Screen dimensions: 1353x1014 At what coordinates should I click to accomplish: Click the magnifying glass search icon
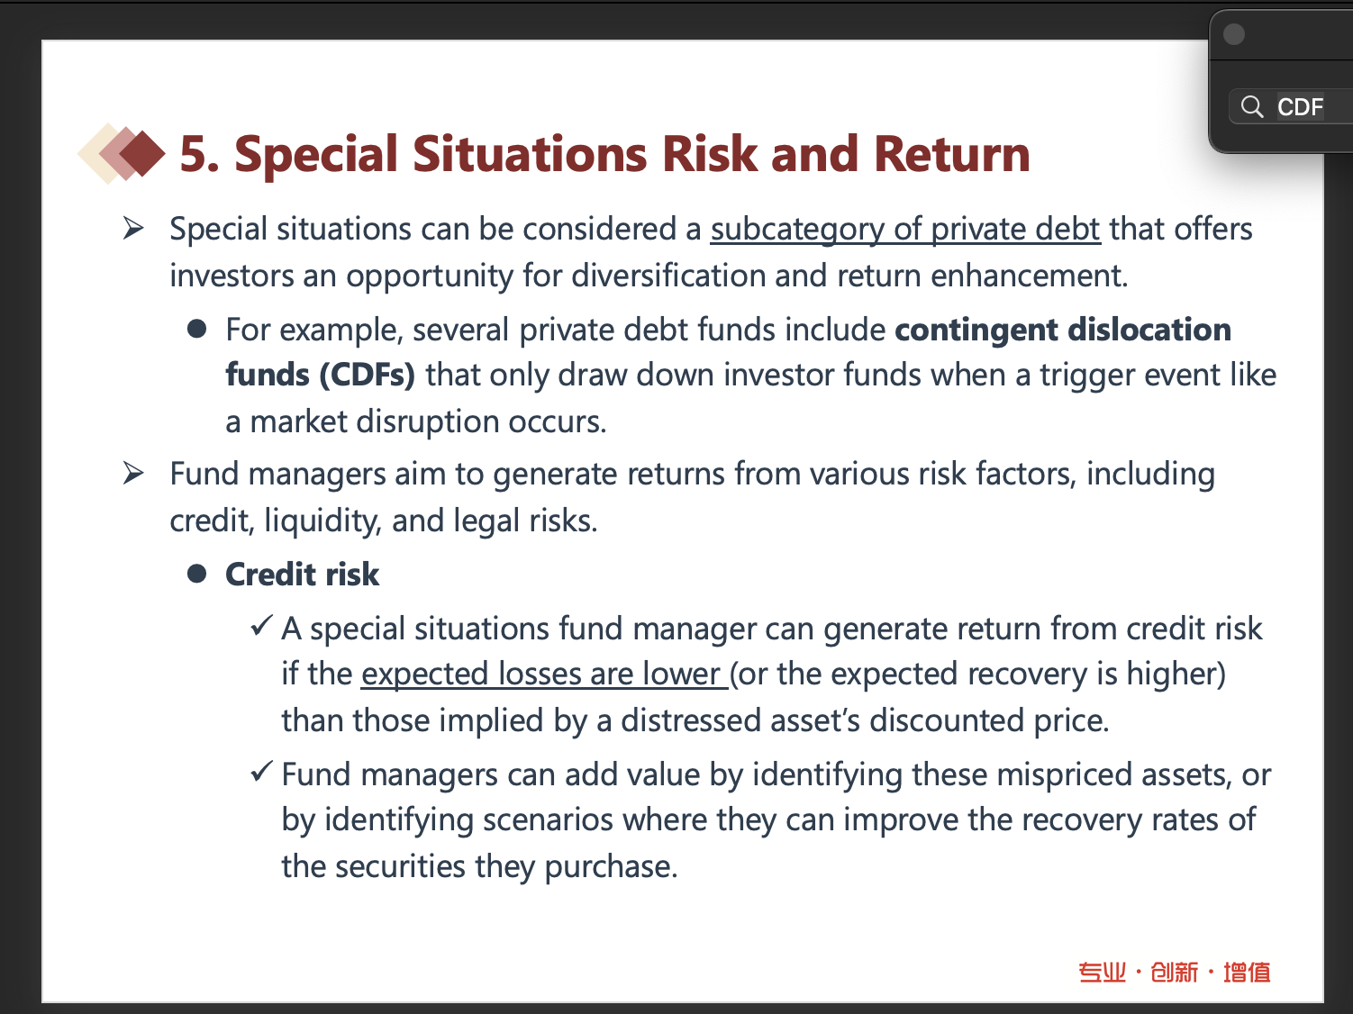click(1252, 106)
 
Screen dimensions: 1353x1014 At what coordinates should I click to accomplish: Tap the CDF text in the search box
click(1300, 107)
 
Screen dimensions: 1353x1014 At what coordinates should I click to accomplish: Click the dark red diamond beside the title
click(142, 153)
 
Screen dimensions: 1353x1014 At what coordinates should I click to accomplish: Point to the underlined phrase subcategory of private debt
click(905, 229)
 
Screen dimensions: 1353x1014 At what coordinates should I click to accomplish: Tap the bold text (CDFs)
click(368, 376)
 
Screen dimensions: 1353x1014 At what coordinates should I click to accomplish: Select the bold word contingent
click(976, 330)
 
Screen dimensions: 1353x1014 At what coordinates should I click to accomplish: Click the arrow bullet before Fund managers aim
click(133, 473)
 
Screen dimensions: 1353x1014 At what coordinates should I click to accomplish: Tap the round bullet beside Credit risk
click(196, 575)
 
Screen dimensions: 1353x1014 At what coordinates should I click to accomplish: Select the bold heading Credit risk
click(302, 575)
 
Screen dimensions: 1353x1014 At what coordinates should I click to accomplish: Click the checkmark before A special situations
click(261, 627)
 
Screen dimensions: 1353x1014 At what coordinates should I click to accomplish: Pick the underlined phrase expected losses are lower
click(540, 674)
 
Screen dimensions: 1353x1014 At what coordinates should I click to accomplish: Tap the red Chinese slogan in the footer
click(1175, 973)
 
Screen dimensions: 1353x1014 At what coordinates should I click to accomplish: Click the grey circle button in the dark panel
click(1233, 34)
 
